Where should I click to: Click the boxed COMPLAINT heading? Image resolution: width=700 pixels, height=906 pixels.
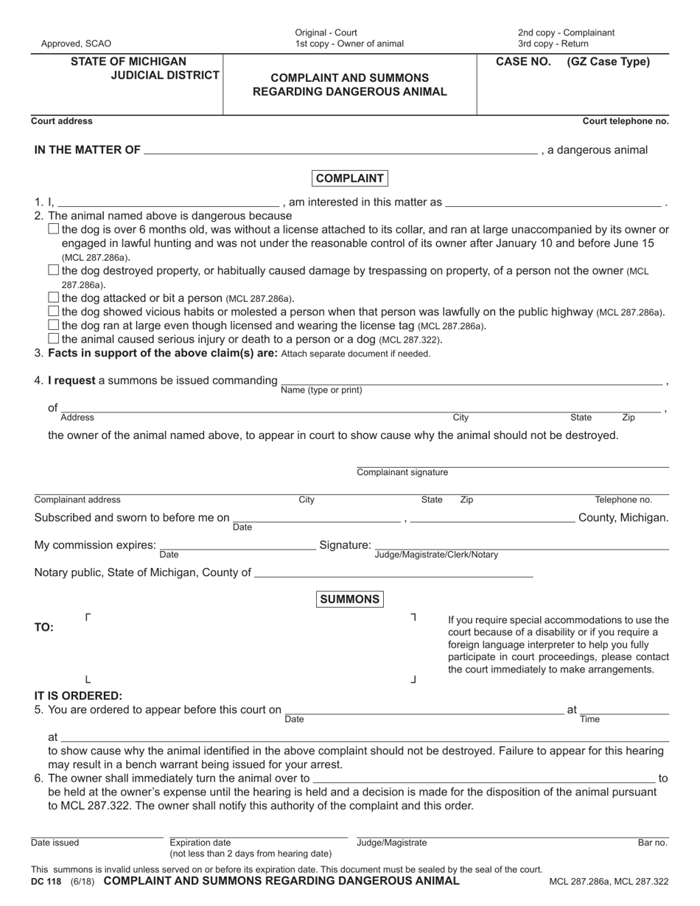pos(350,178)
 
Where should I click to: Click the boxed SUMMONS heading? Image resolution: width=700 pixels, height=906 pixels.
pos(350,599)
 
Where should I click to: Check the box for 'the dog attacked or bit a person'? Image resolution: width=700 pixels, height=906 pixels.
pos(53,298)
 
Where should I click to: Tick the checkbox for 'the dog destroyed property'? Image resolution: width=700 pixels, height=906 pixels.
pos(53,270)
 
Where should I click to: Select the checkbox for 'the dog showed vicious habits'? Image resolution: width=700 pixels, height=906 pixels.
pos(53,312)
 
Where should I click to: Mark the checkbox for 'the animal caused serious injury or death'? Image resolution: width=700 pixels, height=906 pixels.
pos(53,339)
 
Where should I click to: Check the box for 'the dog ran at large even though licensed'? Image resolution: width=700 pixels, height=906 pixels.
pos(53,325)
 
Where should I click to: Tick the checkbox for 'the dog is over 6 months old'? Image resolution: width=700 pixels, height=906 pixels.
pos(53,229)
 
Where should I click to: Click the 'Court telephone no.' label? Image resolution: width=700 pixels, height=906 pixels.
pos(626,121)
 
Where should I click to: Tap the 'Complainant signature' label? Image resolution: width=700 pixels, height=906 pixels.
pos(402,472)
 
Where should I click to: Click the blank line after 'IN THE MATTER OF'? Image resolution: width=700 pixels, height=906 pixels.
pos(340,150)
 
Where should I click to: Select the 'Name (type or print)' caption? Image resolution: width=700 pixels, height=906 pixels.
pos(321,390)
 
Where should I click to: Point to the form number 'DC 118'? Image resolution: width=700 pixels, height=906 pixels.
pos(48,881)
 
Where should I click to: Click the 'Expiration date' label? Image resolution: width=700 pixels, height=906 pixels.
pos(200,843)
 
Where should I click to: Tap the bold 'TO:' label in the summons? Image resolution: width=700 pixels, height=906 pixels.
pos(44,628)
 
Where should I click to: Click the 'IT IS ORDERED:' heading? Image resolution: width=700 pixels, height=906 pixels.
pos(79,695)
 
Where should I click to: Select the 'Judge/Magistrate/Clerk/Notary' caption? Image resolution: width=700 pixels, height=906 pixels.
pos(436,555)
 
